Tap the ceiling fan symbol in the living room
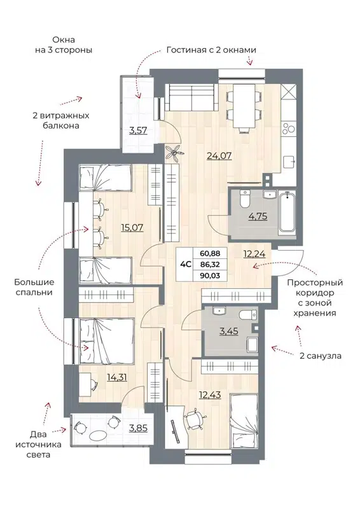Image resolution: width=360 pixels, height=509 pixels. (173, 151)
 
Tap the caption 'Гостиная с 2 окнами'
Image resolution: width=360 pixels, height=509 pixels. (211, 50)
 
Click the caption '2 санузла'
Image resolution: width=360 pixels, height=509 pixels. (320, 356)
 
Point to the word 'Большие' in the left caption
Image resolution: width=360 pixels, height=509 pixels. (35, 281)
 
